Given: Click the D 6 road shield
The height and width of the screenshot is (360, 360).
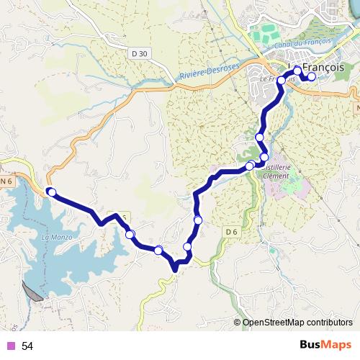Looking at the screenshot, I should click(230, 231).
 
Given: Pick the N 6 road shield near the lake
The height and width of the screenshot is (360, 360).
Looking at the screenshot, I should click(6, 182).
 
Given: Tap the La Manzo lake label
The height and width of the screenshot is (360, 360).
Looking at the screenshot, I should click(55, 237).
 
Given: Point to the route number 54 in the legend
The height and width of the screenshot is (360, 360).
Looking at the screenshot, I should click(27, 346).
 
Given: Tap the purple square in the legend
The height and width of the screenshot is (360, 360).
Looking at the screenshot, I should click(10, 346).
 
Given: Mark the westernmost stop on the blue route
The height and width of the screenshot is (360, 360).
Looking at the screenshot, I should click(51, 192).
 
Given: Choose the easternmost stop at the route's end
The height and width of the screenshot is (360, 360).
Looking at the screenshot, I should click(312, 77).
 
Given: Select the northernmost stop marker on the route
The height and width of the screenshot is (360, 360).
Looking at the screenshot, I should click(297, 71).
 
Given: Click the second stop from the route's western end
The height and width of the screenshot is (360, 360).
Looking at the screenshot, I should click(130, 234).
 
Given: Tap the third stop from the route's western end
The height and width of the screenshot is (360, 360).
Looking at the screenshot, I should click(158, 250).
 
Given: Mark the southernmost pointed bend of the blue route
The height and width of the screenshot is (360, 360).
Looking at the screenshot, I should click(175, 270).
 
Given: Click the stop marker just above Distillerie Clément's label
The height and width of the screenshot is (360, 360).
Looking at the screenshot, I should click(264, 157).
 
